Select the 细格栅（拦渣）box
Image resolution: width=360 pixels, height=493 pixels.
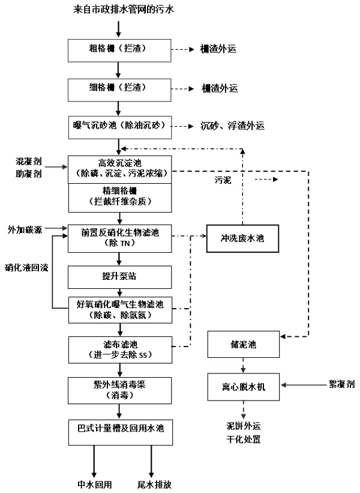coord(119,88)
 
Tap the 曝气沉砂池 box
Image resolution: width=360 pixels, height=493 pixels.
coord(119,126)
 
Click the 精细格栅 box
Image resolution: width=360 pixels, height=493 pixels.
coord(119,196)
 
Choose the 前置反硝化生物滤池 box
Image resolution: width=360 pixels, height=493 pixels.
coord(119,237)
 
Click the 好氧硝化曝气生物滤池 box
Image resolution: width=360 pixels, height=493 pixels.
coord(119,309)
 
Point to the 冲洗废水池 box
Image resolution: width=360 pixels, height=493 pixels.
coord(243,237)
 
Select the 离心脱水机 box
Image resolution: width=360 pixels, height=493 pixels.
coord(243,385)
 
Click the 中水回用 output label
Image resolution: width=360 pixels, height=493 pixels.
coord(94,483)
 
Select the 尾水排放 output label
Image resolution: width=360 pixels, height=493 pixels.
coord(158,483)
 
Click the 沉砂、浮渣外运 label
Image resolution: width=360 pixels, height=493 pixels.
coord(233,126)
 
